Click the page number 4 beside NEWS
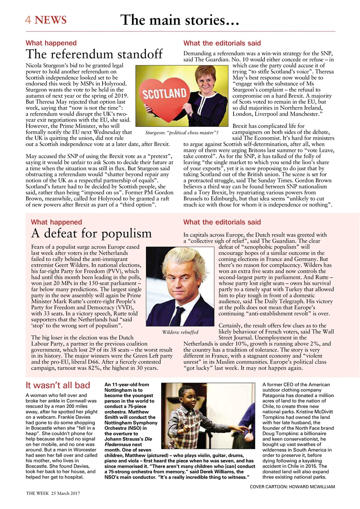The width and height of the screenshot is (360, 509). [x=28, y=20]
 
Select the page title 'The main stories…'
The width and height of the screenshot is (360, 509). [x=179, y=19]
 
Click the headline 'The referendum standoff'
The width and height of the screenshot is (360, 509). [x=94, y=54]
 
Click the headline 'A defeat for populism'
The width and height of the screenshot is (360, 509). [x=91, y=233]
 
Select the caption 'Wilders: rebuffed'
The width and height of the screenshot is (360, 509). [x=180, y=332]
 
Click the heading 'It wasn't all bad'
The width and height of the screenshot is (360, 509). [x=58, y=385]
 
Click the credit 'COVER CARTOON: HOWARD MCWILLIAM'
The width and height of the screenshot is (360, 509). [x=292, y=487]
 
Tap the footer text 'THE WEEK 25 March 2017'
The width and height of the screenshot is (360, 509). [x=53, y=493]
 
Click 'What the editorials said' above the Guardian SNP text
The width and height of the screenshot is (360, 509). [x=222, y=43]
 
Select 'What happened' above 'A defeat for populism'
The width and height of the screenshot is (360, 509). [x=56, y=222]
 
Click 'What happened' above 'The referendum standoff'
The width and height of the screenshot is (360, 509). [x=51, y=43]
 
